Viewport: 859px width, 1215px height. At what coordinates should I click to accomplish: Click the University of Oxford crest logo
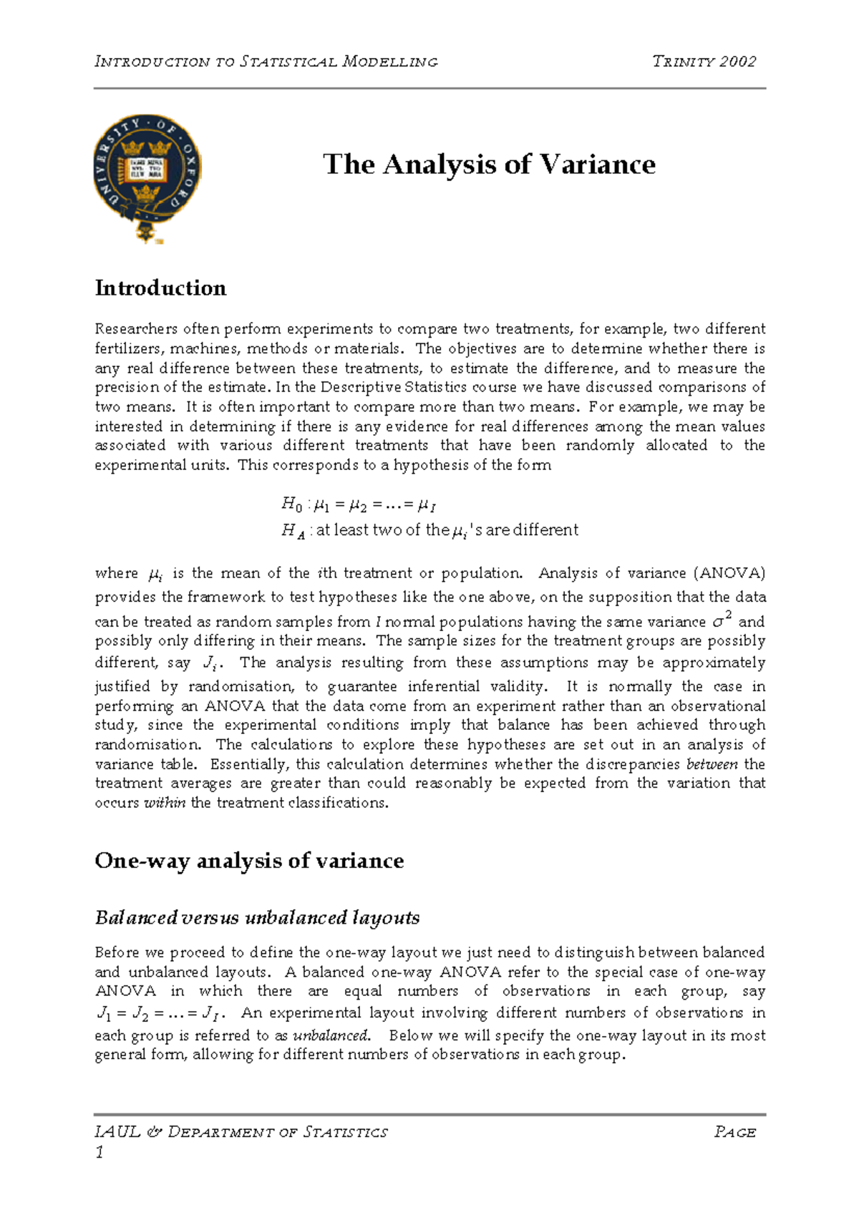point(147,177)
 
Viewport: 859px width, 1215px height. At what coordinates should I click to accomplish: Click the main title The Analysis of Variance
point(489,165)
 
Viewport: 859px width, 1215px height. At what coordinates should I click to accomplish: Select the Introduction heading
point(160,288)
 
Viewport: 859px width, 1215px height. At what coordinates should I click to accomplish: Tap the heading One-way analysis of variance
point(249,861)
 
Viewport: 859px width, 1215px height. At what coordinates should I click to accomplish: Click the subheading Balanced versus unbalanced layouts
point(257,918)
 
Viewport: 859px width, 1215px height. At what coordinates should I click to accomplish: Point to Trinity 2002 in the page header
point(704,62)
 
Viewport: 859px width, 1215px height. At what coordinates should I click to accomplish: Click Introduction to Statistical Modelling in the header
point(266,62)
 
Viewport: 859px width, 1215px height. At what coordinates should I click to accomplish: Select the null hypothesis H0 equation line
point(358,505)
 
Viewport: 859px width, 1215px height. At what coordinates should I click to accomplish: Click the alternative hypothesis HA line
point(429,531)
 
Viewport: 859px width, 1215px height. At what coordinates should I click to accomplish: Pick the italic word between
point(712,764)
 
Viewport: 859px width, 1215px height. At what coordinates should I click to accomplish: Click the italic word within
point(165,803)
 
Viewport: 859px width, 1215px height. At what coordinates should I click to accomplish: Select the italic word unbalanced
point(331,1035)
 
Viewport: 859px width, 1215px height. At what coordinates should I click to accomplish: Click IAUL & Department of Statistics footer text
point(241,1133)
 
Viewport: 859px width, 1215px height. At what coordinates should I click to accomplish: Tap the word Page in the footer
point(734,1133)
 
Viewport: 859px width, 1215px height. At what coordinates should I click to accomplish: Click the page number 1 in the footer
point(100,1152)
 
